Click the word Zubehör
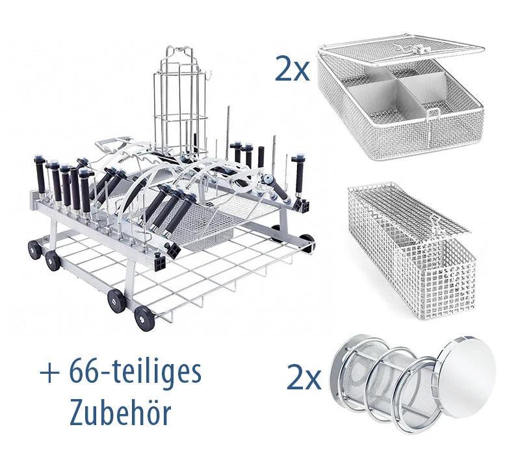coord(120,413)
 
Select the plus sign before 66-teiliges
coord(50,373)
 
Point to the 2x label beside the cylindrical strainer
coord(304,377)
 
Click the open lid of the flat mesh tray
coord(401,50)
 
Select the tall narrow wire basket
coord(411,252)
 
